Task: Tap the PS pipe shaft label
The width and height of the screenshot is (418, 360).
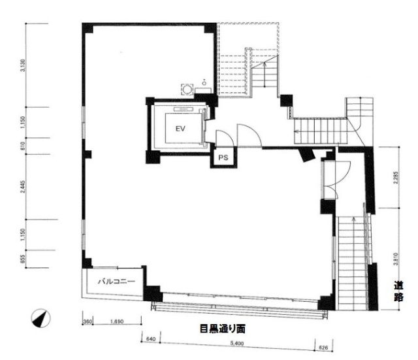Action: point(222,157)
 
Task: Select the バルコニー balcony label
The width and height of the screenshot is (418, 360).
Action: point(116,282)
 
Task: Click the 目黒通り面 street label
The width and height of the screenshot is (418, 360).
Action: point(222,329)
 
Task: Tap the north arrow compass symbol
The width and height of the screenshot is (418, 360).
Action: point(40,318)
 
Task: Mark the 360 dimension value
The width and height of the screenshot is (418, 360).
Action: point(88,322)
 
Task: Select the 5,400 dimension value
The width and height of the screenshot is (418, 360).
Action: point(237,343)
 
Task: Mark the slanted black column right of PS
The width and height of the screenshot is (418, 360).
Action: point(305,154)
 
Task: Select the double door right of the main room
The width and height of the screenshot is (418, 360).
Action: point(329,181)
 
